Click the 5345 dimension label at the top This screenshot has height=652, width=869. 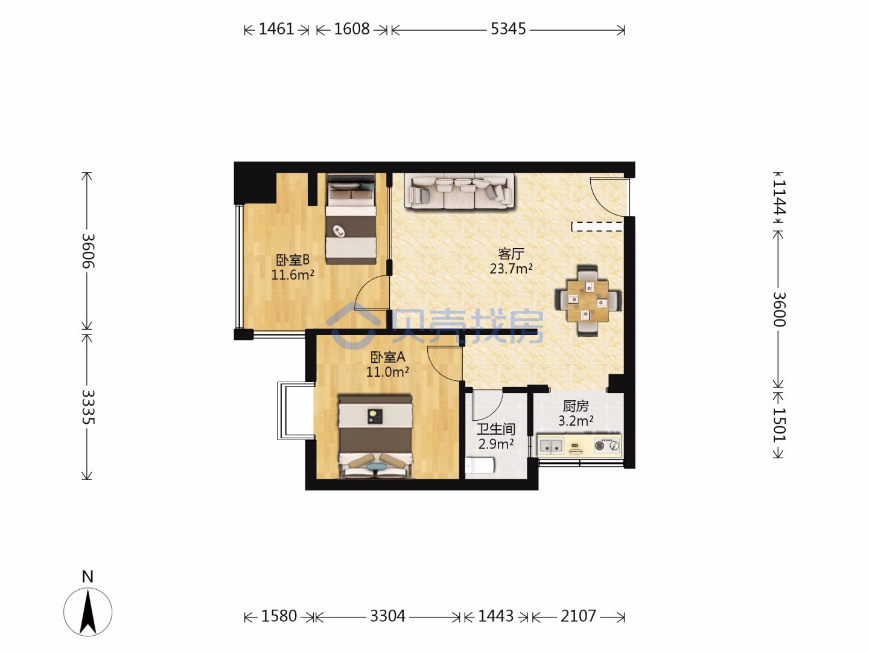point(508,30)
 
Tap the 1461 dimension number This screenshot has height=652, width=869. point(276,30)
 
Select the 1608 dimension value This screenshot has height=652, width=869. point(352,30)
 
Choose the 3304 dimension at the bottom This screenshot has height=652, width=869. point(387,616)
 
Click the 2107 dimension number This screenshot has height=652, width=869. point(578,616)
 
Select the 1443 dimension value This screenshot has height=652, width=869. point(495,616)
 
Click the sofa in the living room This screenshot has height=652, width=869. point(459,191)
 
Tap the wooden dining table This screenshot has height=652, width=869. point(588,301)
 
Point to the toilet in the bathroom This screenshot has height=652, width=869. point(480,465)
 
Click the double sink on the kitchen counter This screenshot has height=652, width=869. point(551,446)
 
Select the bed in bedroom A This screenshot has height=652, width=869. point(375,436)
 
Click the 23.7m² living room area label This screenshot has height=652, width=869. point(511,269)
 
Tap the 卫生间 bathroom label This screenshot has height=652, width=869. point(495,429)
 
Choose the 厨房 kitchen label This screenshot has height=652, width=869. point(576,406)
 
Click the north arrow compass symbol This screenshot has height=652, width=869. point(88,612)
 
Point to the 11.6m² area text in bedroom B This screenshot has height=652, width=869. point(293,275)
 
